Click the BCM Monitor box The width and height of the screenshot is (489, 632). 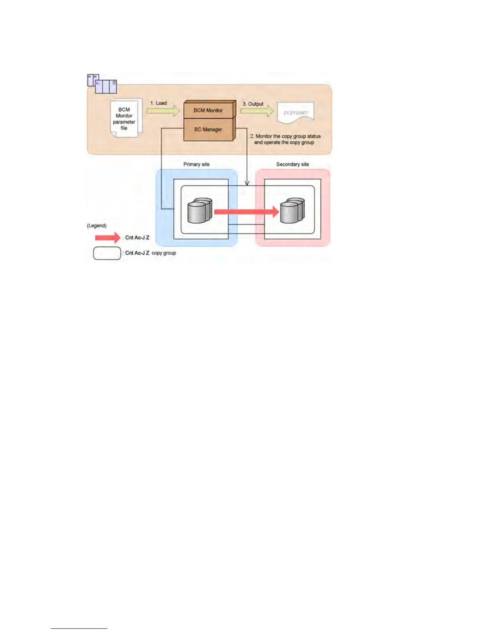208,110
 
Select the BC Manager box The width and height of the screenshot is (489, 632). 208,129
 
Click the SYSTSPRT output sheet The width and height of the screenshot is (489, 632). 296,113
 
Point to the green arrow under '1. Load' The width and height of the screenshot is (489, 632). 163,111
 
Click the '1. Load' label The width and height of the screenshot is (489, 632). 159,103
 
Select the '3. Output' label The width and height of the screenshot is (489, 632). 253,104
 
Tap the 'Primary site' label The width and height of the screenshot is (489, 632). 196,164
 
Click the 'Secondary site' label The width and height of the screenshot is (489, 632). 292,164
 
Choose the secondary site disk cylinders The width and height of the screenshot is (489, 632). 292,210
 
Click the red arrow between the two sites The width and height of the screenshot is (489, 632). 246,211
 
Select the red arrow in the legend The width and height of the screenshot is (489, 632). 107,238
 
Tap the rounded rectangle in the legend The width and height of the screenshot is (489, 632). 107,253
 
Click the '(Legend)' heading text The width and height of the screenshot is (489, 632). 97,225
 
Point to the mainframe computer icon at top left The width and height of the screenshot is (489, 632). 102,83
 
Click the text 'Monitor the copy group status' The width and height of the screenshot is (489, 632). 288,136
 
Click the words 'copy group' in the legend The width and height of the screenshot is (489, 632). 164,253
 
